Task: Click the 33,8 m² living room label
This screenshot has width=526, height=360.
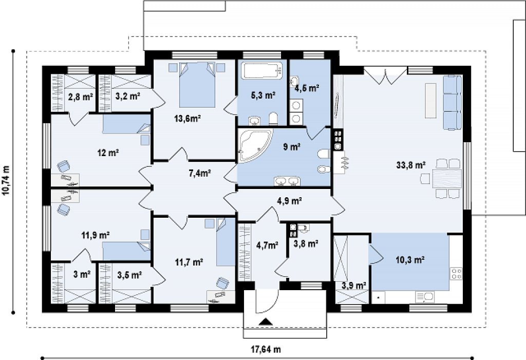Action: [x=411, y=165]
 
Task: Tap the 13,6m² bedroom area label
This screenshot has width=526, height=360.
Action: [x=187, y=118]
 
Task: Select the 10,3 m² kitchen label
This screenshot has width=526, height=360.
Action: [x=410, y=259]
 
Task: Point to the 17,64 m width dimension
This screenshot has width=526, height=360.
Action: [x=266, y=349]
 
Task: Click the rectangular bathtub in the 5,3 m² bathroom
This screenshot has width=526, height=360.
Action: [x=261, y=71]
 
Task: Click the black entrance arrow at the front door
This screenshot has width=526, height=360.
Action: [x=266, y=322]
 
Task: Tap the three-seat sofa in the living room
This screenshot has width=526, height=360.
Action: [x=452, y=102]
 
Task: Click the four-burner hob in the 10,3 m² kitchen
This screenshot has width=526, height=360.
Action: [x=456, y=273]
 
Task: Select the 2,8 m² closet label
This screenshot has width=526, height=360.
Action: [x=81, y=97]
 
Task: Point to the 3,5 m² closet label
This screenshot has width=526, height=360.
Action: [x=129, y=275]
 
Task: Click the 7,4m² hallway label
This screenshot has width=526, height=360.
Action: [x=199, y=173]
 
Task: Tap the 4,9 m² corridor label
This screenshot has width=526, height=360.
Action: [x=290, y=201]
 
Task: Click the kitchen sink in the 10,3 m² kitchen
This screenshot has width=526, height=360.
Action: [x=424, y=297]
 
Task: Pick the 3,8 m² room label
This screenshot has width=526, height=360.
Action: [x=306, y=243]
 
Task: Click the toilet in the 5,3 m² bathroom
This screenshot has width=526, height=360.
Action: [x=274, y=119]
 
